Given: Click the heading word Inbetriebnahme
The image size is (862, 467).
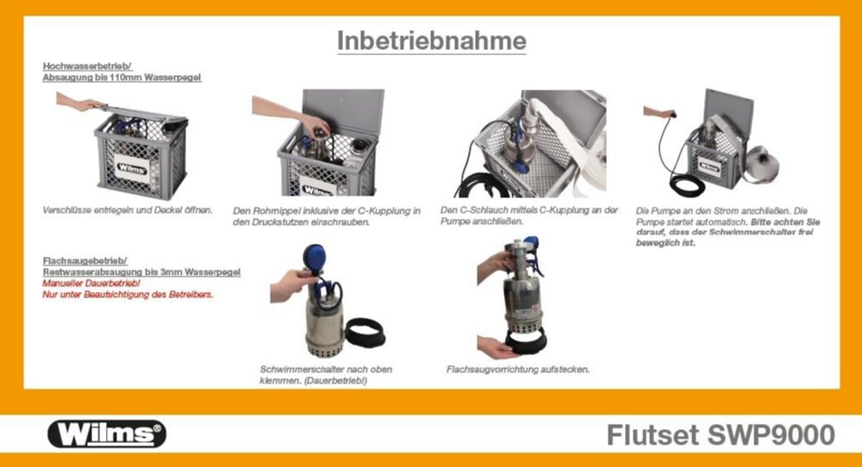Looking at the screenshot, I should tap(431, 40).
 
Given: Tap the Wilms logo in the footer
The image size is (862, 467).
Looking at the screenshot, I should tap(107, 433).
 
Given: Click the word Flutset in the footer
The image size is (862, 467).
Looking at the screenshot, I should tap(649, 435).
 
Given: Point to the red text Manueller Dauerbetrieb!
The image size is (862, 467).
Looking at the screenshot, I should tap(91, 283).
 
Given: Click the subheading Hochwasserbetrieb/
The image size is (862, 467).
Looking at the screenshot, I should tap(86, 66).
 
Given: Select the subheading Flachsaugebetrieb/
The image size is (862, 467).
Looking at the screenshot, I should tap(85, 260).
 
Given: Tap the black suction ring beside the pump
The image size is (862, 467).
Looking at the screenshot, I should tap(370, 332).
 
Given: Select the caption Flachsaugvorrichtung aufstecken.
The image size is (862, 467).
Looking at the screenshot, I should tap(518, 369).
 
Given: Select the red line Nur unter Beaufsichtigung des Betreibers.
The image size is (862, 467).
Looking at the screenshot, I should tap(128, 295).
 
